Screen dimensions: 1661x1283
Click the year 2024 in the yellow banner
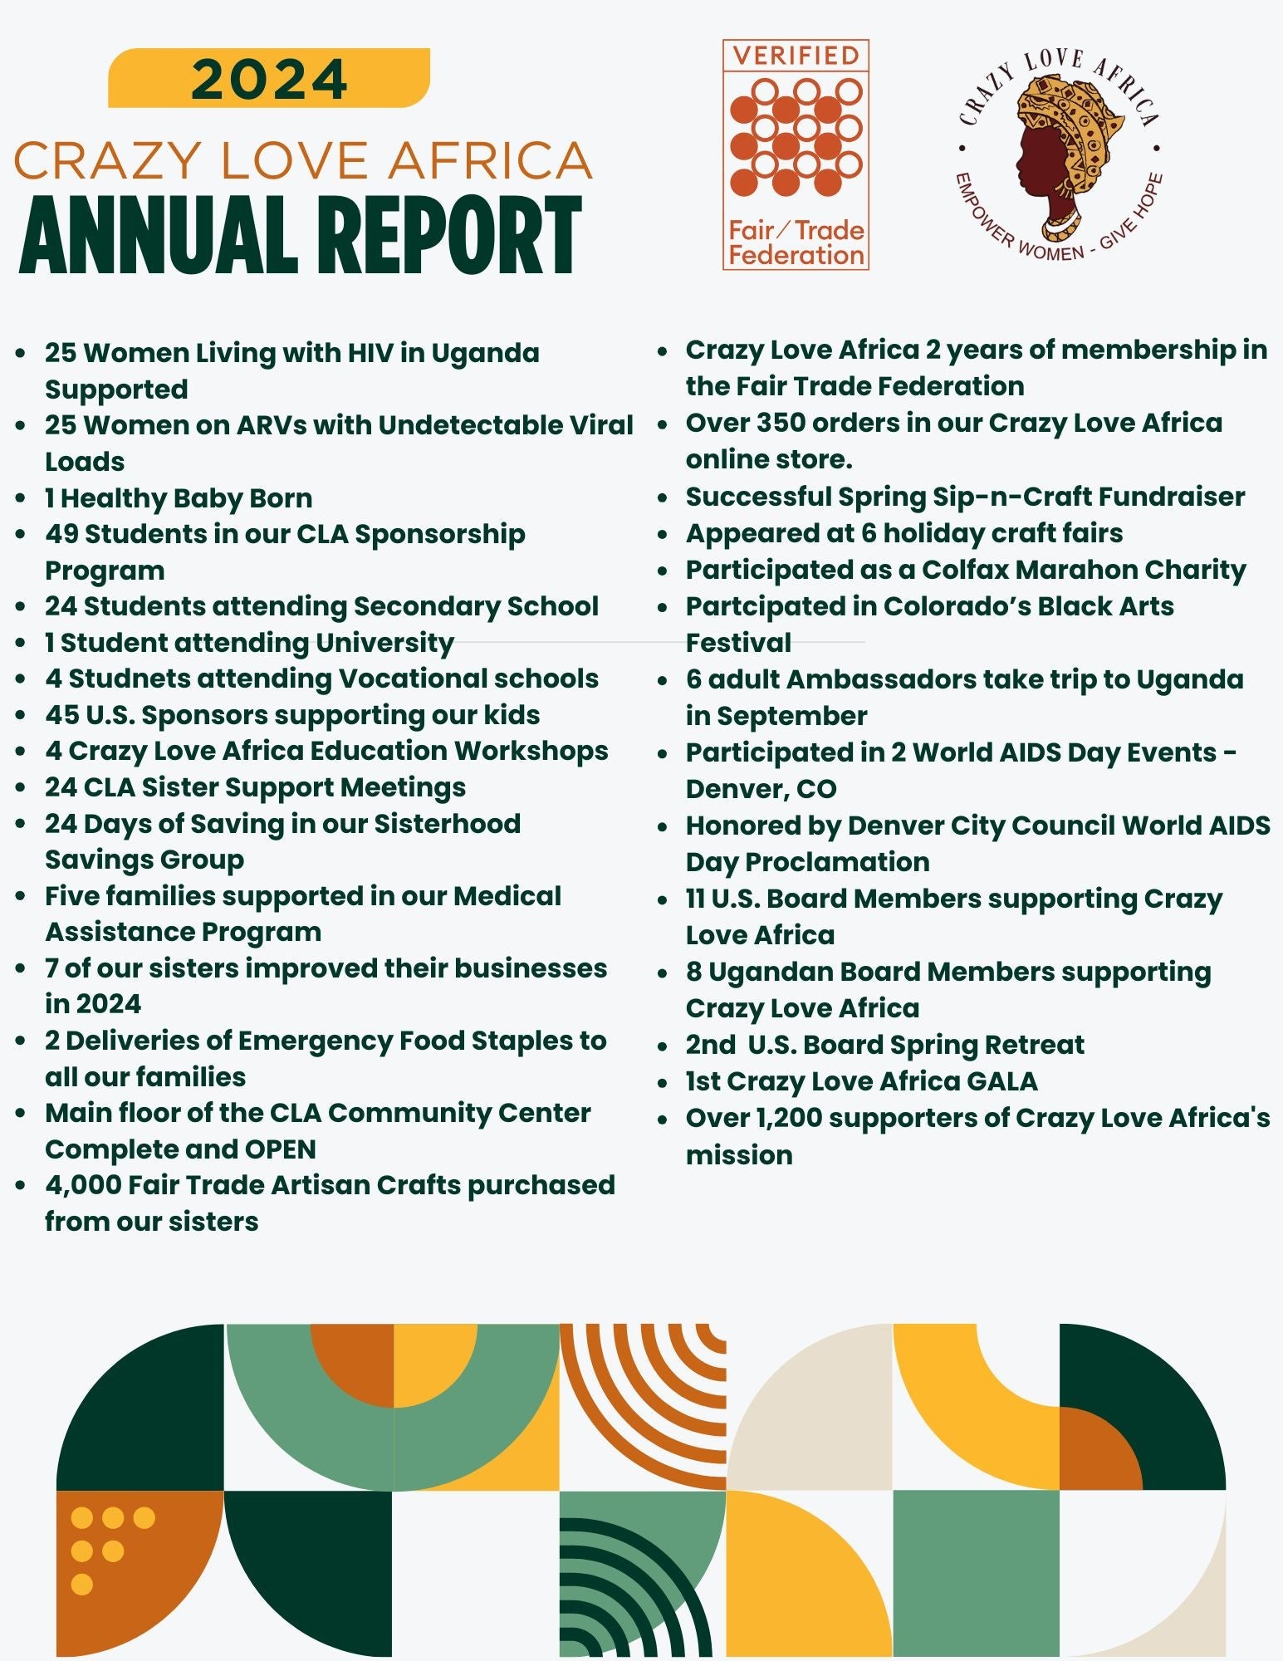(269, 79)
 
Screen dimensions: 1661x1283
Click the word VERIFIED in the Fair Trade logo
(796, 56)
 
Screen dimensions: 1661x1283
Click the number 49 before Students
(61, 534)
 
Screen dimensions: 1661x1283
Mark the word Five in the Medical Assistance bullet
(71, 896)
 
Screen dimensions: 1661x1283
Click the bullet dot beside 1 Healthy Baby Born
(22, 499)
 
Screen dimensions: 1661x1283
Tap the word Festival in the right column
(737, 643)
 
